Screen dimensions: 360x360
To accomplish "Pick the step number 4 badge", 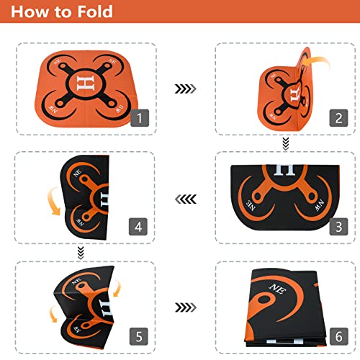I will point(140,228).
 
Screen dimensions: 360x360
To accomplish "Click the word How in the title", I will point(32,14).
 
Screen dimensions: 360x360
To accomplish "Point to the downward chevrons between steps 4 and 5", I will point(81,251).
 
